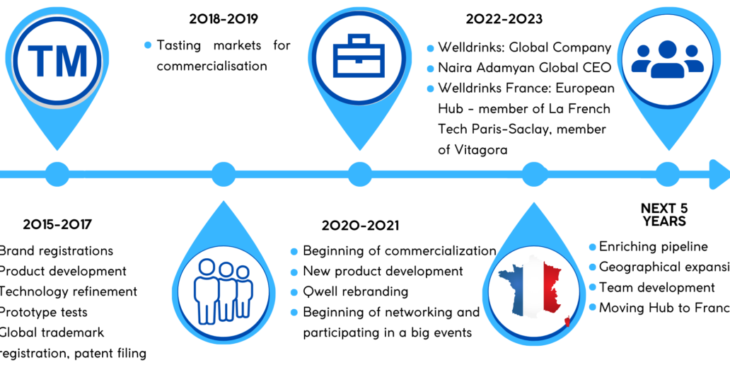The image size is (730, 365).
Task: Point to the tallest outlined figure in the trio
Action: (x=207, y=290)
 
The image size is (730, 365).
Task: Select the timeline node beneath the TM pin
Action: (x=57, y=174)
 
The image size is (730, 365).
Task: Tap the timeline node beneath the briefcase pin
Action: (x=359, y=174)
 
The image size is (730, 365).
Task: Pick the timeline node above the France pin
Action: (x=533, y=174)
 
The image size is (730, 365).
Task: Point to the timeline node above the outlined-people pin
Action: (x=224, y=174)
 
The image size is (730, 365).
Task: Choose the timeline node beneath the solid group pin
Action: (x=667, y=174)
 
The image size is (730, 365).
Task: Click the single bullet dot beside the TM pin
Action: (x=148, y=45)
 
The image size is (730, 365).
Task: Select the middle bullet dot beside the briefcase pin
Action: (x=431, y=69)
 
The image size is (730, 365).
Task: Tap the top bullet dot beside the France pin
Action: (x=593, y=247)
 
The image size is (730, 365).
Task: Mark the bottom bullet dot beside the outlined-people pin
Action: (x=294, y=312)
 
